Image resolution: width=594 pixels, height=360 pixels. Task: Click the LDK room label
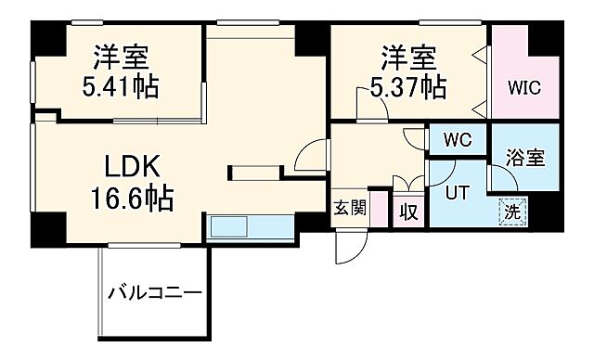pos(131,168)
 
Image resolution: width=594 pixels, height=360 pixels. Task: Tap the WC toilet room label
pos(458,140)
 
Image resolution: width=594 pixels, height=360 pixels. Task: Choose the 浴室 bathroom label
pos(525,159)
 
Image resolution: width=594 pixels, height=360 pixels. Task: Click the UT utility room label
pos(457,194)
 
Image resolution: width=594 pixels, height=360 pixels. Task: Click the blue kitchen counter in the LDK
pos(240,226)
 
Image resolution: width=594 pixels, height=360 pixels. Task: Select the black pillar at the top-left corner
pos(45,38)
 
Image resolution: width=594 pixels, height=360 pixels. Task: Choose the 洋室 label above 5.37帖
pos(407,58)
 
